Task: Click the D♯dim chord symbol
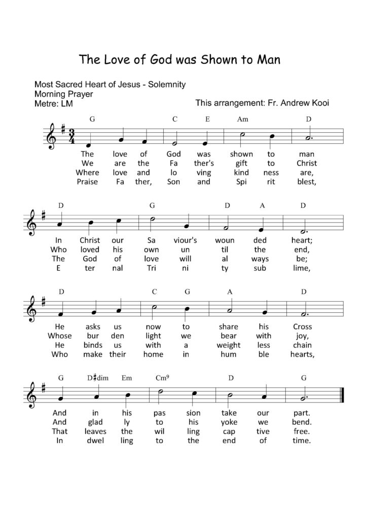[x=95, y=378]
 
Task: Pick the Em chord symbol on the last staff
[x=127, y=378]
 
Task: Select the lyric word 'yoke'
[x=230, y=422]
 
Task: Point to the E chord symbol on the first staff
[x=208, y=120]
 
